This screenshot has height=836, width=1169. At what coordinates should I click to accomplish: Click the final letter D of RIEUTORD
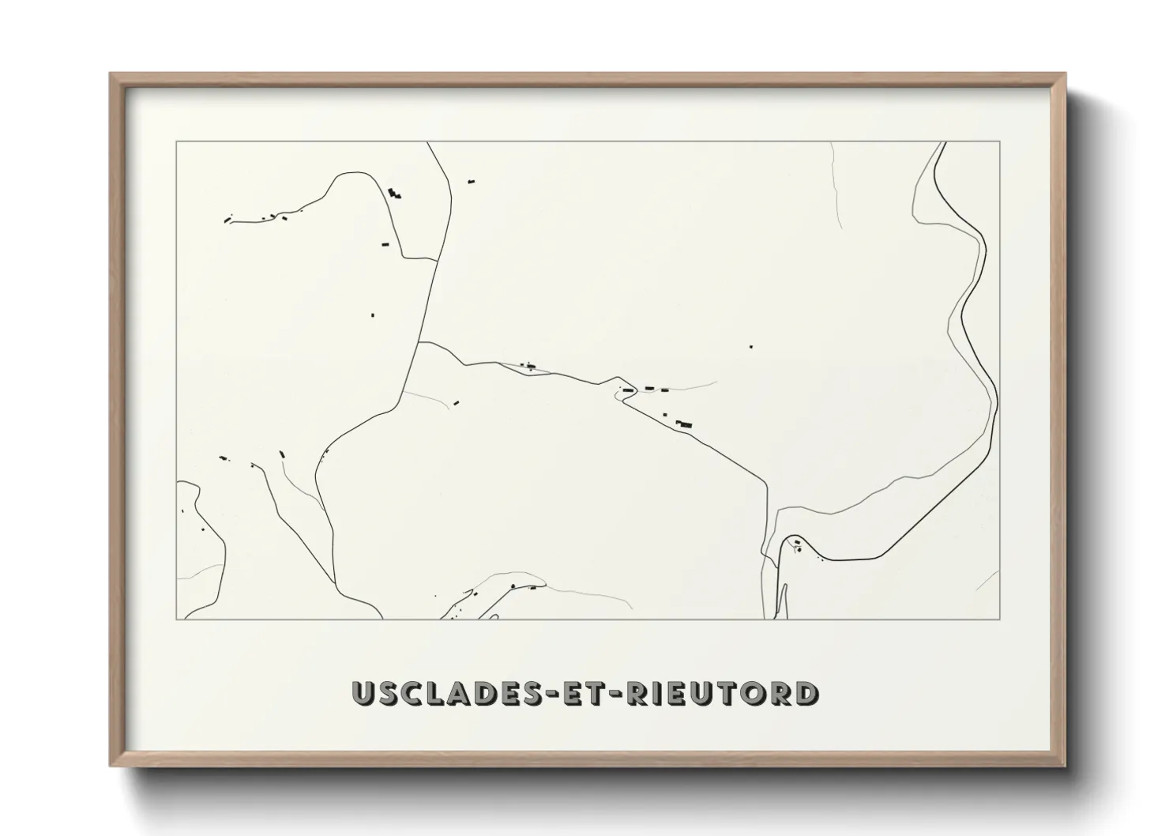806,693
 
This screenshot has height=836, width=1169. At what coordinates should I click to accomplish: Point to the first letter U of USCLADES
364,693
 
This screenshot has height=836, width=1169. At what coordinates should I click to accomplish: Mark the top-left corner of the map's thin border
176,141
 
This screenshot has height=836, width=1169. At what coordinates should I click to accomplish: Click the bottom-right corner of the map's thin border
1000,619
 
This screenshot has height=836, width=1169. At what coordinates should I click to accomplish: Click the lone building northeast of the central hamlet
751,346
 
